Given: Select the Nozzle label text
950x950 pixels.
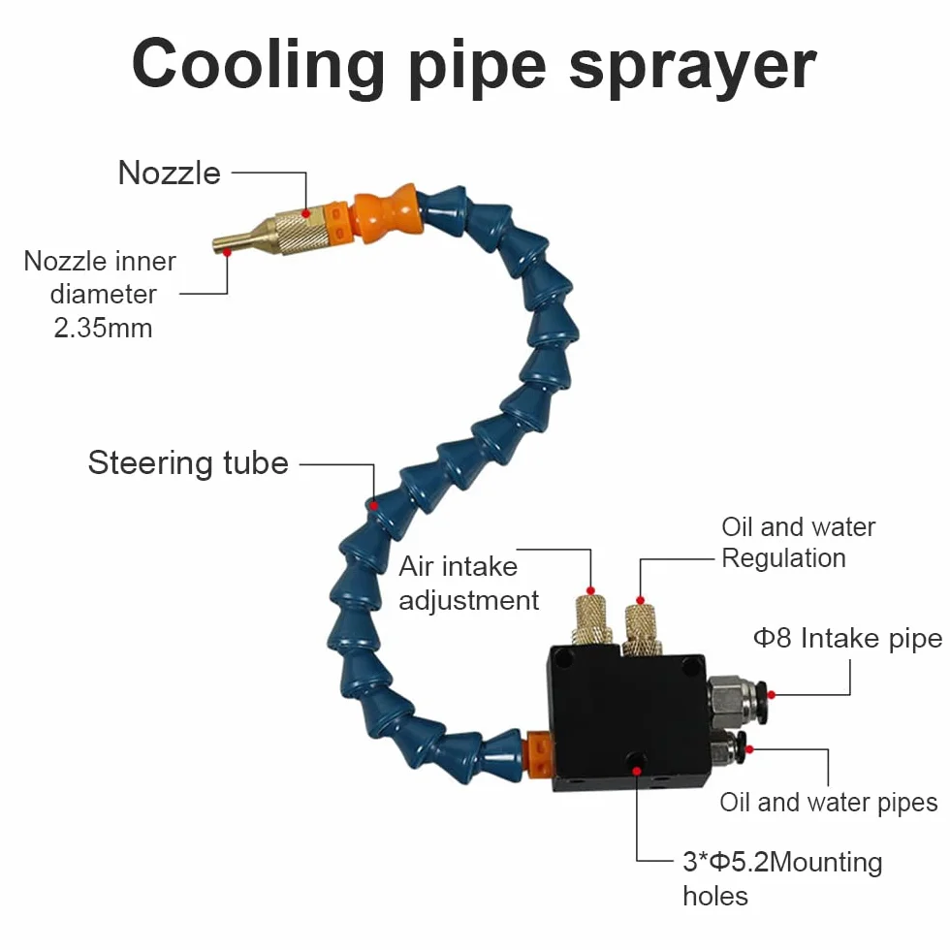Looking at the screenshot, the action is tap(169, 174).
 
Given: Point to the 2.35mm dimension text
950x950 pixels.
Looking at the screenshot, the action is tap(103, 328).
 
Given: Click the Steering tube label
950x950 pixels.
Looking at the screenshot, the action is tap(188, 463).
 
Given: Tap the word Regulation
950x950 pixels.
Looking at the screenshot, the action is tap(783, 558).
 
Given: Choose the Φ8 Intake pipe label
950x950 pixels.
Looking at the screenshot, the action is tap(847, 638).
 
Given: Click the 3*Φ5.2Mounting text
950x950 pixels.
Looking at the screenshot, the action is tap(782, 862).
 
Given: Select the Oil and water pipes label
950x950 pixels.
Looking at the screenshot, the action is tap(829, 803).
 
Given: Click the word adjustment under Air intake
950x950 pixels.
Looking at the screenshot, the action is tap(469, 601).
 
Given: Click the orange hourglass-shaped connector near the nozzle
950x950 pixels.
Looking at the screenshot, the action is tap(386, 213).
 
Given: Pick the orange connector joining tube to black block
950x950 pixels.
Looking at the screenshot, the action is tap(539, 754).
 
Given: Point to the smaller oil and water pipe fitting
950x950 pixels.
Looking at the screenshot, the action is tap(728, 751).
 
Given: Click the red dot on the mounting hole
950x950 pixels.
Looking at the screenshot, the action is tap(637, 772).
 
